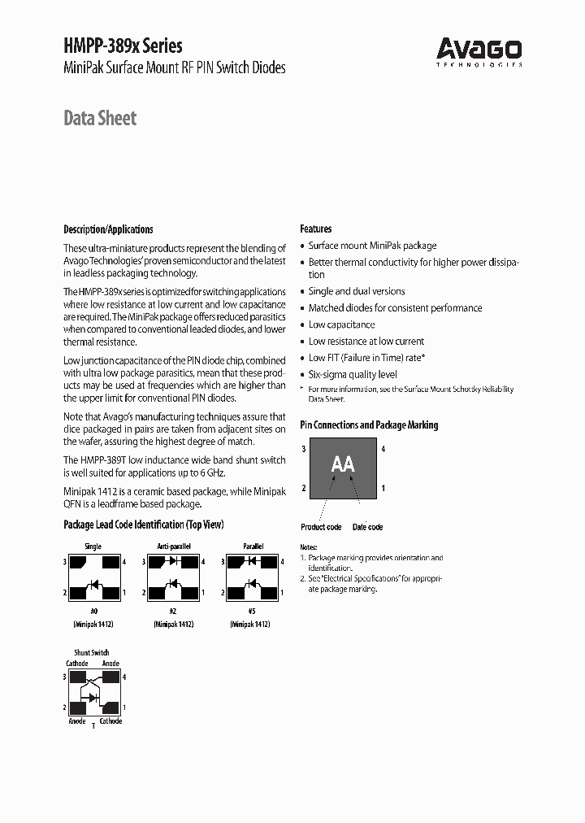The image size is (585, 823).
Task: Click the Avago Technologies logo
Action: click(x=479, y=50)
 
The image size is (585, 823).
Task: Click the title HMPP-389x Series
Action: click(x=123, y=46)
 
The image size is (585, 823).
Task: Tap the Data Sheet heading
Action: click(x=100, y=119)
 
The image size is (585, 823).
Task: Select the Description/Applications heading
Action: click(x=108, y=229)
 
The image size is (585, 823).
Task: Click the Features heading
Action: click(x=316, y=229)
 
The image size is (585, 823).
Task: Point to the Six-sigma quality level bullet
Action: click(x=353, y=375)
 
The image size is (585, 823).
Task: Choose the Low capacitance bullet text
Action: click(x=341, y=324)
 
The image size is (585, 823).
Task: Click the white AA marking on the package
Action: click(x=343, y=464)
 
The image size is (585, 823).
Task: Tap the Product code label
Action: click(x=321, y=527)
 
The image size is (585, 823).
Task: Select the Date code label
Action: click(x=367, y=527)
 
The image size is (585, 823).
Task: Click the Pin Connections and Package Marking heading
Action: click(x=369, y=425)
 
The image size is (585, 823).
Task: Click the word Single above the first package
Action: click(x=93, y=546)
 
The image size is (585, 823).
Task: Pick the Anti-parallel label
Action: click(x=173, y=546)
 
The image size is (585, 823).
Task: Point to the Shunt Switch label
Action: click(x=92, y=652)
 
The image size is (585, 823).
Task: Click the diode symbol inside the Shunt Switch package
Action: click(x=93, y=697)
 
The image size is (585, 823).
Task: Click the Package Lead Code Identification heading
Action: click(x=143, y=525)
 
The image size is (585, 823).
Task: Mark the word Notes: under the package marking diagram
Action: click(x=309, y=548)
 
